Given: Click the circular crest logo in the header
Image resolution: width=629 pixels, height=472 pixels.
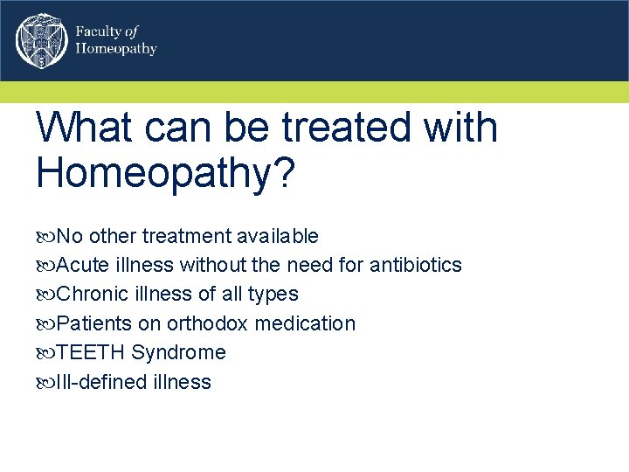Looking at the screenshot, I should point(40,41).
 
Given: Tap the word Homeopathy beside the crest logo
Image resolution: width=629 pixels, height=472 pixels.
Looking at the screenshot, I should point(116,49).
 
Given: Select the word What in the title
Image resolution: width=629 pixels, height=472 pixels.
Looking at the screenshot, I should point(86,128).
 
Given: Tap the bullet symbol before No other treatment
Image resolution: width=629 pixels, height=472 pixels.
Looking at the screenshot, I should point(45,237).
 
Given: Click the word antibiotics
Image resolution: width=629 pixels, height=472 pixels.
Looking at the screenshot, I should point(416,265).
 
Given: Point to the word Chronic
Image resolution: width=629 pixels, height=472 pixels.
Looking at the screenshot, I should point(92,294).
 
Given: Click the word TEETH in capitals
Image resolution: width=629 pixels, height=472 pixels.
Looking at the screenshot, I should point(91,352).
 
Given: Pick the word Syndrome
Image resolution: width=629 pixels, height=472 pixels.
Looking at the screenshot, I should point(178,353).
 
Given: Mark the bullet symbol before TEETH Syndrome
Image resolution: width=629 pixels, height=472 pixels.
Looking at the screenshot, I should point(45,353).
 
